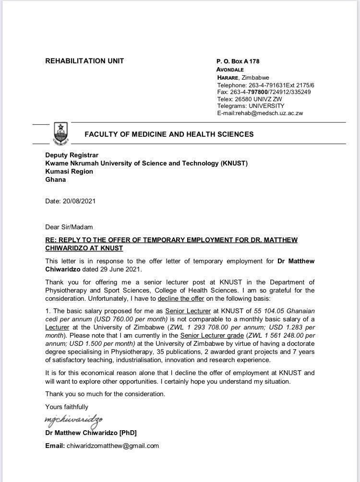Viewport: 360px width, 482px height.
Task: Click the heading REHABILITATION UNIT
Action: click(84, 61)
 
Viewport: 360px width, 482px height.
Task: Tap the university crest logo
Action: click(61, 134)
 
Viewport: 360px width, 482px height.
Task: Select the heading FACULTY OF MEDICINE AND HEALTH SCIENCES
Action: click(169, 134)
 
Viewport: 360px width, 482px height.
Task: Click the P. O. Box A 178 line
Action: click(238, 61)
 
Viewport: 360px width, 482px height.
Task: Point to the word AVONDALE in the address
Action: click(230, 70)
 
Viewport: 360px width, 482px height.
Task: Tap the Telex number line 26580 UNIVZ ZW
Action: click(250, 99)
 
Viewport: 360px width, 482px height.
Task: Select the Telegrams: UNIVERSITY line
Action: click(251, 106)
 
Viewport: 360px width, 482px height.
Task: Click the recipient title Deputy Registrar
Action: click(72, 155)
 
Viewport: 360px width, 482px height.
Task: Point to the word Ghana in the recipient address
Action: click(55, 179)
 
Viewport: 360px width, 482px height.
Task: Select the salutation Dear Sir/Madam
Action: click(69, 227)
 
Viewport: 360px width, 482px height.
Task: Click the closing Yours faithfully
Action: click(67, 407)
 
